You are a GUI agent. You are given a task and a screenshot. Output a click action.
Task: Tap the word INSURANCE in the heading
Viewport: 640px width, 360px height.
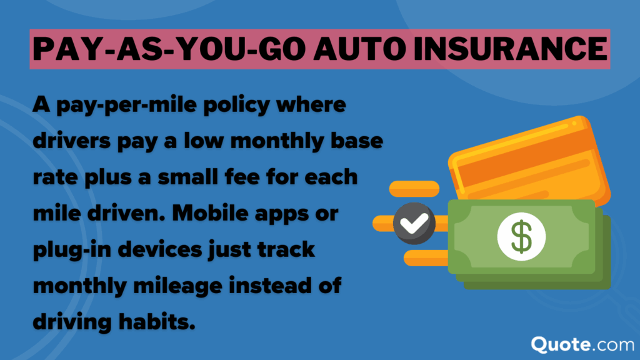coord(506,47)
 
